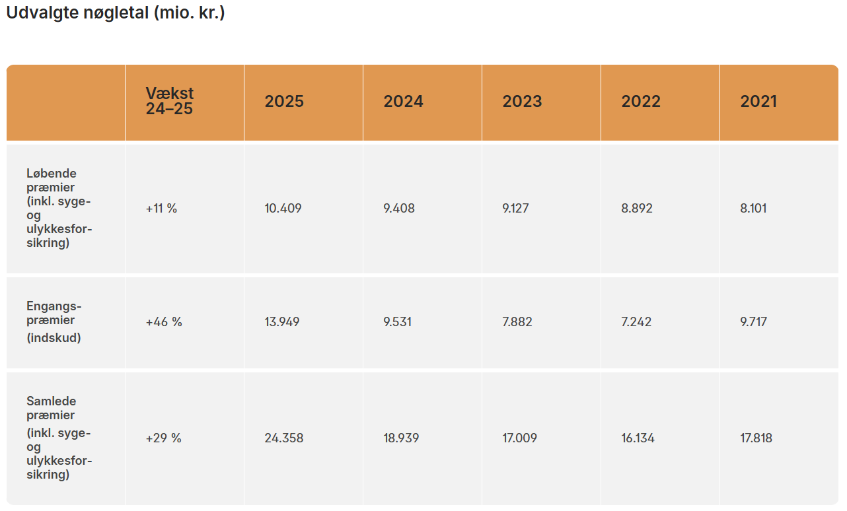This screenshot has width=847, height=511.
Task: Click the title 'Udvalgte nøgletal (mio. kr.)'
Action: pyautogui.click(x=116, y=13)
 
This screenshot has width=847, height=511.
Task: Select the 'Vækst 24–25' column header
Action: pyautogui.click(x=170, y=101)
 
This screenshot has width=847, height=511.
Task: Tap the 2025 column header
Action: pyautogui.click(x=284, y=101)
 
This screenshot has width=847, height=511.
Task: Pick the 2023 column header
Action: pyautogui.click(x=522, y=101)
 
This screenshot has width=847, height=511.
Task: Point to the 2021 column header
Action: pyautogui.click(x=758, y=101)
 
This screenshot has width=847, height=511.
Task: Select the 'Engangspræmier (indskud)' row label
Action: pyautogui.click(x=54, y=322)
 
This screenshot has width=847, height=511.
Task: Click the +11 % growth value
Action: pyautogui.click(x=162, y=209)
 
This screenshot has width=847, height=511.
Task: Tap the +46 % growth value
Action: pyautogui.click(x=164, y=322)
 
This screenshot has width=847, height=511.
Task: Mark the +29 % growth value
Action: pyautogui.click(x=163, y=438)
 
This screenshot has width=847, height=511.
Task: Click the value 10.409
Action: pyautogui.click(x=283, y=209)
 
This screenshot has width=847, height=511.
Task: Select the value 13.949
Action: pyautogui.click(x=282, y=322)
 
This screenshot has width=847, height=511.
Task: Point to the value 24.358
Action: pyautogui.click(x=284, y=438)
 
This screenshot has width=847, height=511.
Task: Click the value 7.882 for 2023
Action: pyautogui.click(x=517, y=322)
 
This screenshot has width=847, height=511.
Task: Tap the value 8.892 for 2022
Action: pyautogui.click(x=637, y=209)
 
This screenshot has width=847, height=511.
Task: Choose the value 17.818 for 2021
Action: pyautogui.click(x=756, y=438)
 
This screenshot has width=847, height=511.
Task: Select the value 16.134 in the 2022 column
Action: pyautogui.click(x=638, y=438)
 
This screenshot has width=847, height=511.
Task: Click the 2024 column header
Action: pyautogui.click(x=403, y=101)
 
